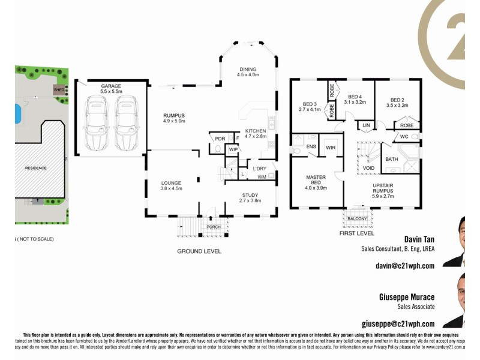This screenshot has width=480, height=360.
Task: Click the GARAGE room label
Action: (111, 86)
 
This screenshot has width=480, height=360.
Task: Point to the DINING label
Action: (248, 69)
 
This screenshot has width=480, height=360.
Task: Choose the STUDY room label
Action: (250, 195)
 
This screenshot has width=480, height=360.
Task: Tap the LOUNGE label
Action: (171, 182)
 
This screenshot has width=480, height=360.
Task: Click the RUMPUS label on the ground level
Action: (174, 115)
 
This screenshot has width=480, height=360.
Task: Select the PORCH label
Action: (213, 227)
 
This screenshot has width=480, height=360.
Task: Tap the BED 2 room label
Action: (399, 100)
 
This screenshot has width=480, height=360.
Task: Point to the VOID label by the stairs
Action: (369, 169)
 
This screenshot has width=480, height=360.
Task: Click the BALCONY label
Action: (357, 218)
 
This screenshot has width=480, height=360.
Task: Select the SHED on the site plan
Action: (59, 90)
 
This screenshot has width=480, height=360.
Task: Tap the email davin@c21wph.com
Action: (404, 265)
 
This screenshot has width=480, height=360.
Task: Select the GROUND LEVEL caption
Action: (199, 251)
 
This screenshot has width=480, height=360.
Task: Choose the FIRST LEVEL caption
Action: (356, 233)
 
